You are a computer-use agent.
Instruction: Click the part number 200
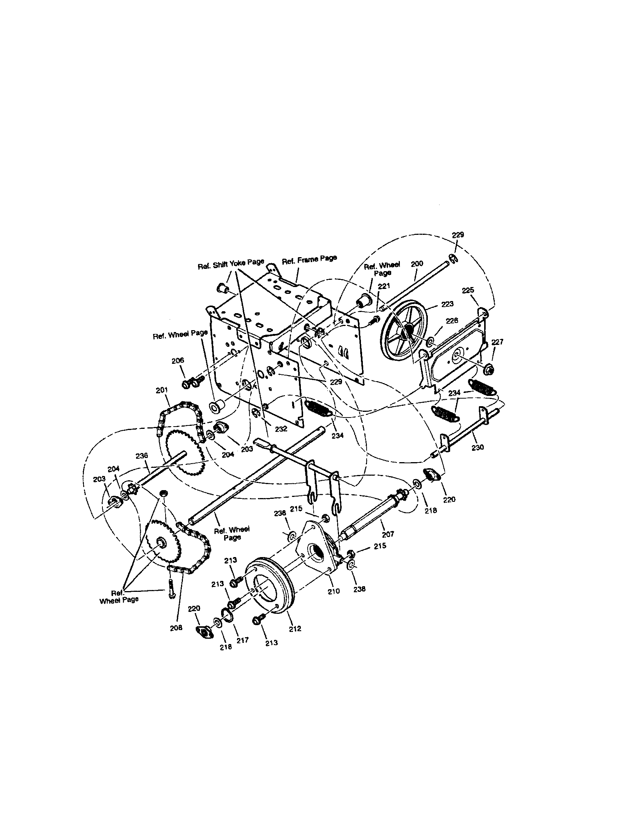pos(417,263)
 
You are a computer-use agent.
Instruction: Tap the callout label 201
pos(162,390)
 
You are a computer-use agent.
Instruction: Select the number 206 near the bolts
pos(178,360)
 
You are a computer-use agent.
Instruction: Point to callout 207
pos(388,534)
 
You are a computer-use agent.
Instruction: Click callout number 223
pos(447,304)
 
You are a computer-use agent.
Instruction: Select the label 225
pos(468,290)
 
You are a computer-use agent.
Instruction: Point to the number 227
pos(497,342)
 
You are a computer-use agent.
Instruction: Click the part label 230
pos(477,447)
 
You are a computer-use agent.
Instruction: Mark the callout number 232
pos(281,429)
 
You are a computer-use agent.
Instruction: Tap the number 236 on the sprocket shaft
pos(142,456)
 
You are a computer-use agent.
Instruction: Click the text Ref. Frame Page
pos(309,260)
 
